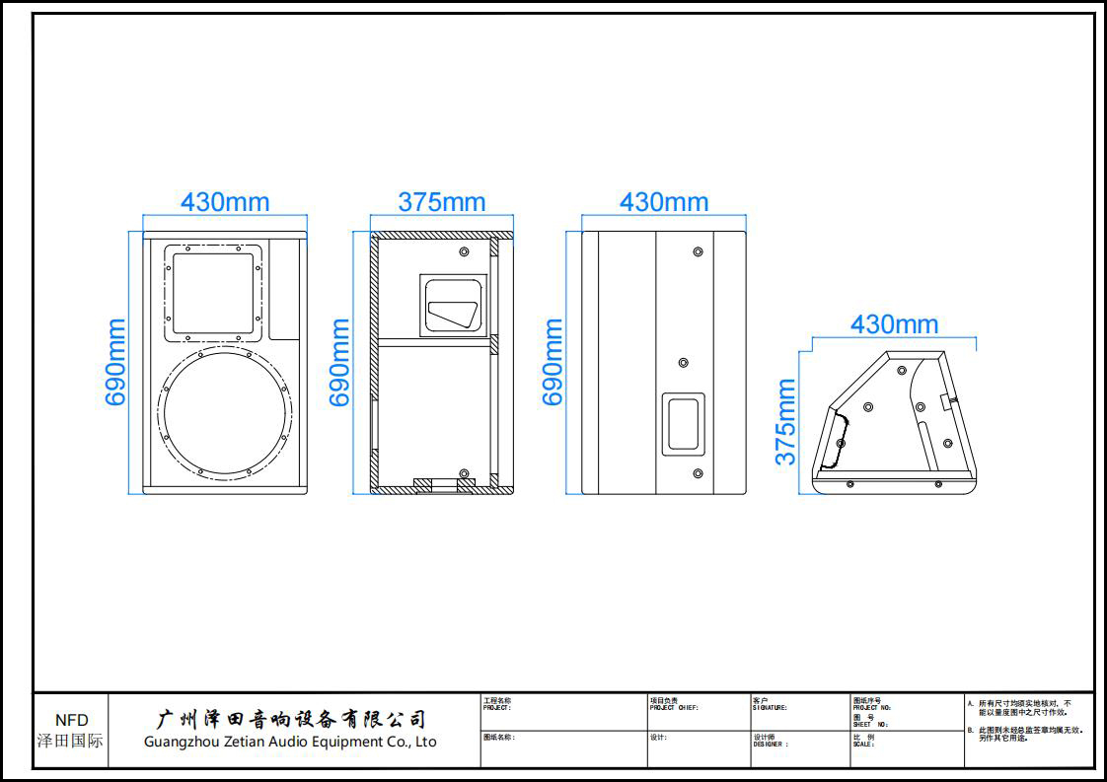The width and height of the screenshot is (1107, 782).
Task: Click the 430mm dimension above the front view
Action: pyautogui.click(x=224, y=201)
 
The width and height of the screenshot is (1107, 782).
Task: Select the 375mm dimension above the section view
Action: pyautogui.click(x=441, y=201)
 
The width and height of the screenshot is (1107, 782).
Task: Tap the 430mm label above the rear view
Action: pyautogui.click(x=663, y=201)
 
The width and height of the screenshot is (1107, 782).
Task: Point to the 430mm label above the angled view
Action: pyautogui.click(x=894, y=323)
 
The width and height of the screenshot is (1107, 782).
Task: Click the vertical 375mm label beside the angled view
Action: pyautogui.click(x=785, y=421)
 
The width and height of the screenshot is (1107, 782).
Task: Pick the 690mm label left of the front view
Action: pyautogui.click(x=116, y=362)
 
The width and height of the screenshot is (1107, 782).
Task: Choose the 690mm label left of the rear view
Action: pyautogui.click(x=553, y=362)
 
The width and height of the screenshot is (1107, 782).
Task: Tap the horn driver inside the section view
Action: pyautogui.click(x=454, y=305)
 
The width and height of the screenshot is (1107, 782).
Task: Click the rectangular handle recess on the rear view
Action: pyautogui.click(x=683, y=423)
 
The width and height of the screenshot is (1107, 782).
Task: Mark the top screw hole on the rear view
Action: pyautogui.click(x=698, y=252)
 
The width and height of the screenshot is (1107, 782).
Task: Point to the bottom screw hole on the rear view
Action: pyautogui.click(x=698, y=474)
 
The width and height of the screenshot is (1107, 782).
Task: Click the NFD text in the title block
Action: pyautogui.click(x=71, y=721)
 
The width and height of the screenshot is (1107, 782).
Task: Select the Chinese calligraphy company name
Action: pyautogui.click(x=292, y=719)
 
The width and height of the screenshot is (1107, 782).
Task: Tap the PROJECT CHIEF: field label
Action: pyautogui.click(x=674, y=708)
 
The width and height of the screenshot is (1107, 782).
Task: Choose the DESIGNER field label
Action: pyautogui.click(x=771, y=745)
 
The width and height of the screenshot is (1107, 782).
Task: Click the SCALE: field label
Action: pyautogui.click(x=863, y=745)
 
